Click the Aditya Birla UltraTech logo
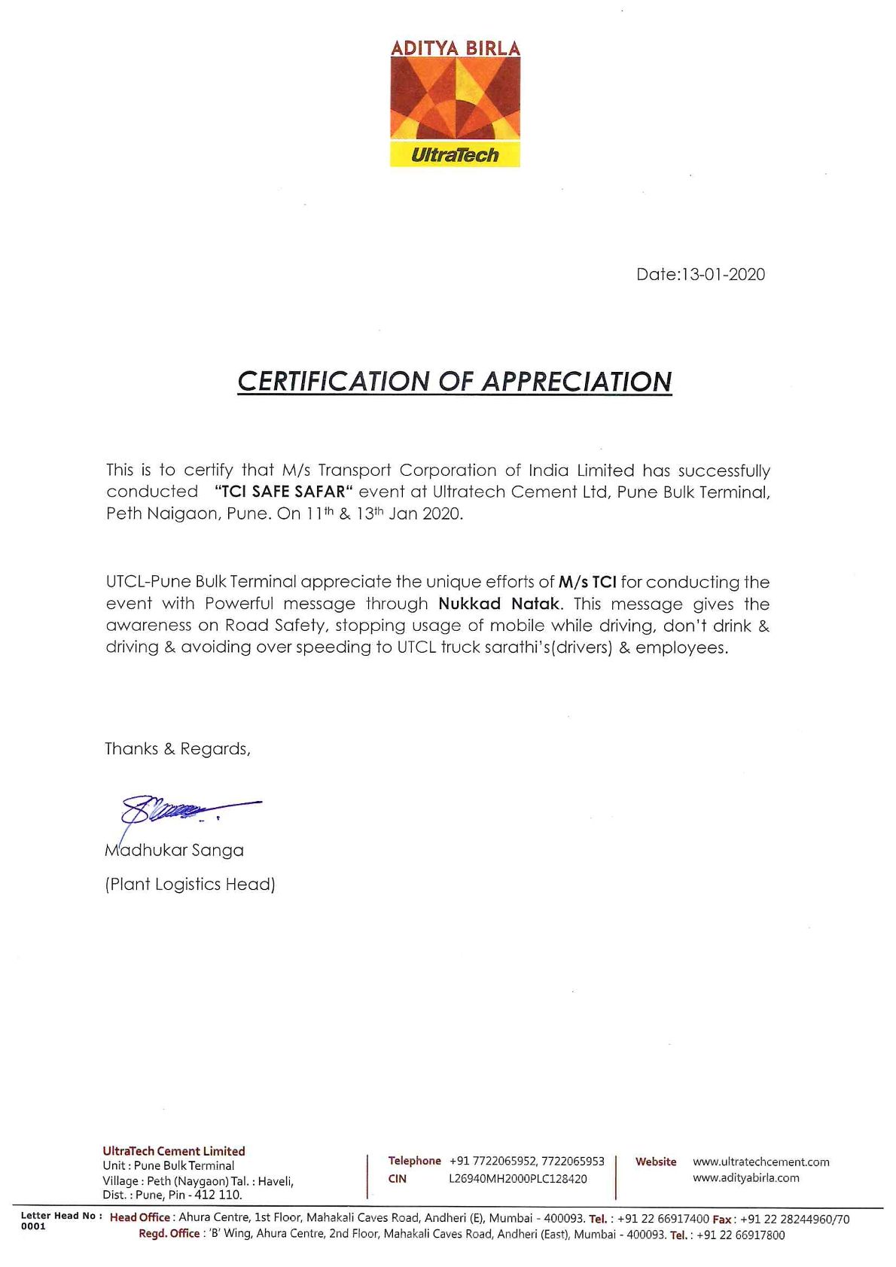pyautogui.click(x=455, y=103)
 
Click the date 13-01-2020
pyautogui.click(x=722, y=274)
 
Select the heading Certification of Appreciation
pyautogui.click(x=454, y=382)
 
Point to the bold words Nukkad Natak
pyautogui.click(x=499, y=604)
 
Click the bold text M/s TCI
pyautogui.click(x=587, y=582)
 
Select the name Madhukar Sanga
pyautogui.click(x=174, y=851)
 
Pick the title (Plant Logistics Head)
pyautogui.click(x=190, y=885)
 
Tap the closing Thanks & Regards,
pyautogui.click(x=177, y=749)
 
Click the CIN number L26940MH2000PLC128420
pyautogui.click(x=517, y=1179)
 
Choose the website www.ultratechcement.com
pyautogui.click(x=760, y=1162)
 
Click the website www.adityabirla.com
pyautogui.click(x=745, y=1178)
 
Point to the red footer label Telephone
pyautogui.click(x=414, y=1161)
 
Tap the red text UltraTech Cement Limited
pyautogui.click(x=174, y=1151)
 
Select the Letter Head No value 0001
pyautogui.click(x=33, y=1226)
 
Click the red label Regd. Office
pyautogui.click(x=169, y=1234)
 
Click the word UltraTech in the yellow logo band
pyautogui.click(x=455, y=156)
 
